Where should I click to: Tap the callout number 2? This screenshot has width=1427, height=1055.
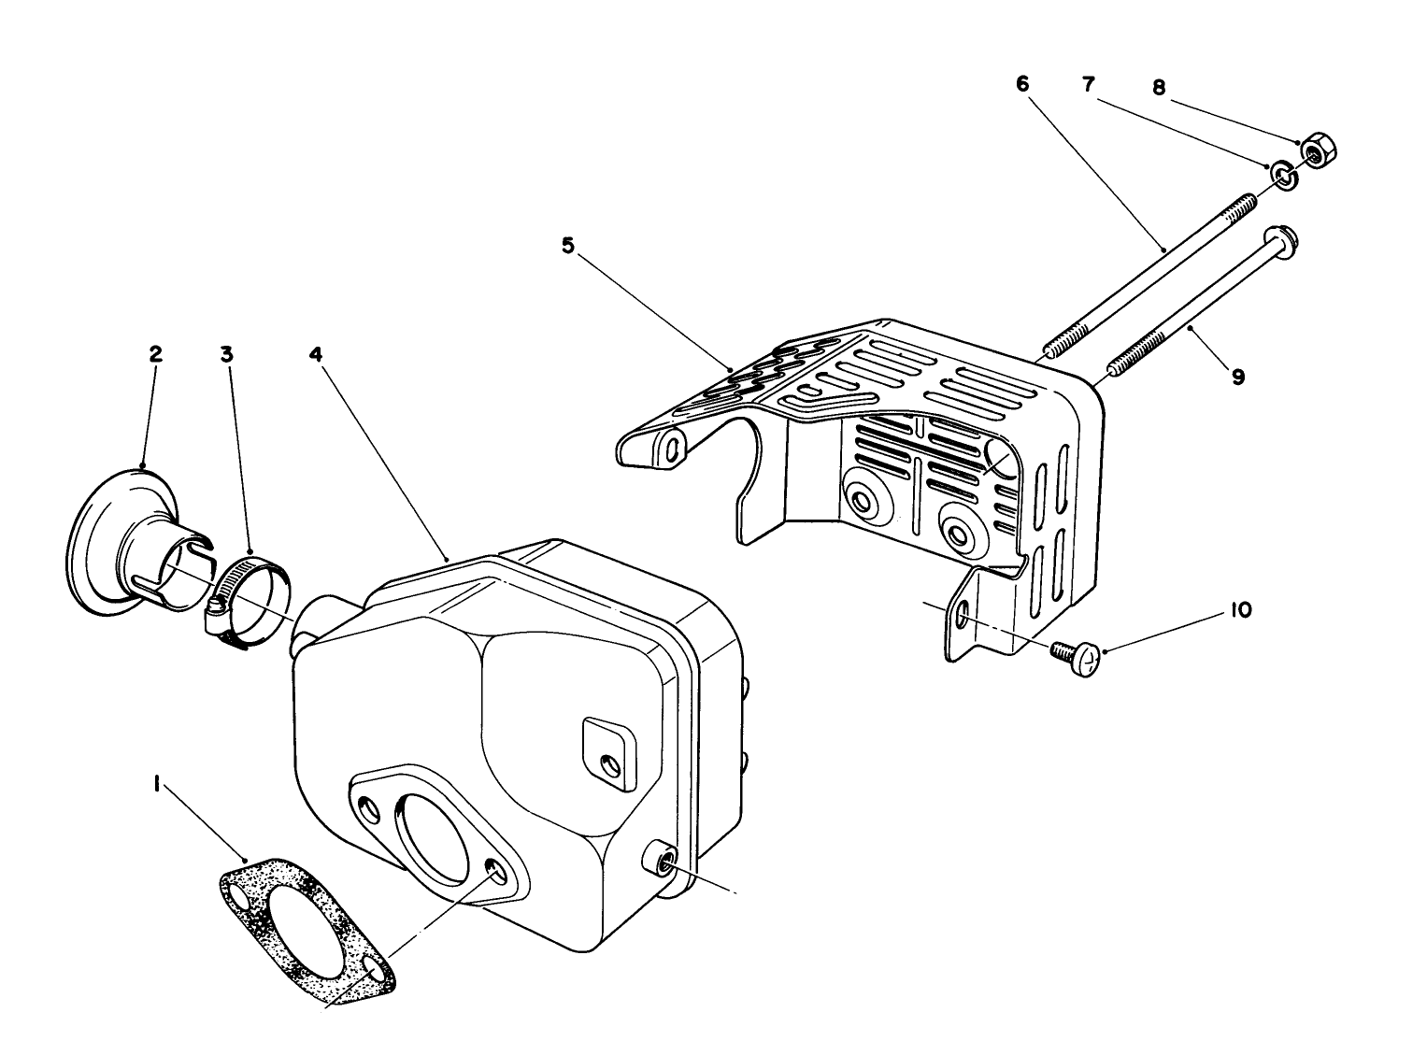click(x=155, y=354)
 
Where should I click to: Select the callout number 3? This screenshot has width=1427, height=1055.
click(x=227, y=354)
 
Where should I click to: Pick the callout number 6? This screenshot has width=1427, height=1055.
click(x=1021, y=83)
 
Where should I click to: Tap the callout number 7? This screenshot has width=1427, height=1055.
click(x=1089, y=83)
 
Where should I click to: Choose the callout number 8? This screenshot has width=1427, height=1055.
click(x=1159, y=87)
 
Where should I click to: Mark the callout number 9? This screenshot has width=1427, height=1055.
click(x=1237, y=377)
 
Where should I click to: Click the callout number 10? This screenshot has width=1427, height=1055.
click(x=1241, y=609)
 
